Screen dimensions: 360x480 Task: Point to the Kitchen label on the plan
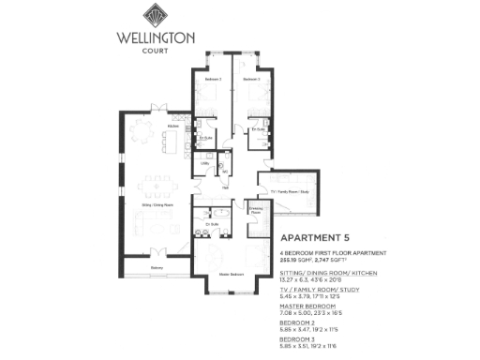tap(172, 125)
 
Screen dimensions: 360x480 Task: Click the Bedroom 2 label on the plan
tap(213, 80)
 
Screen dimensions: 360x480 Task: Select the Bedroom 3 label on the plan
tap(251, 80)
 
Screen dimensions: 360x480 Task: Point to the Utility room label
tap(203, 163)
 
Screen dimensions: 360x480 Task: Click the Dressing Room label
tap(255, 211)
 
